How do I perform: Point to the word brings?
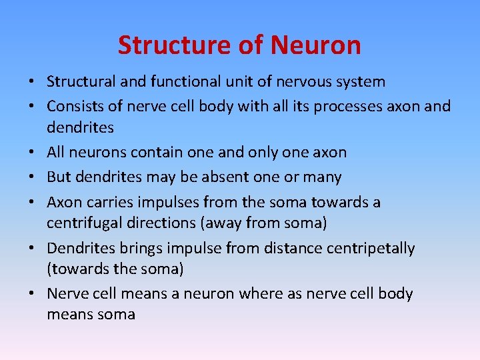click(x=141, y=249)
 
